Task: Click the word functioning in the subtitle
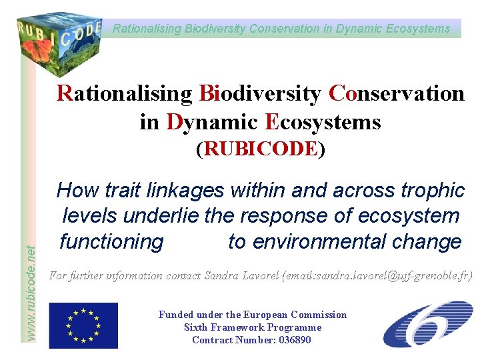111,241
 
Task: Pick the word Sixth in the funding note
196,327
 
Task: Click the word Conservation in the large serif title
397,93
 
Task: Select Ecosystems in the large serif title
323,122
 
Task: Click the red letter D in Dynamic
175,122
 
